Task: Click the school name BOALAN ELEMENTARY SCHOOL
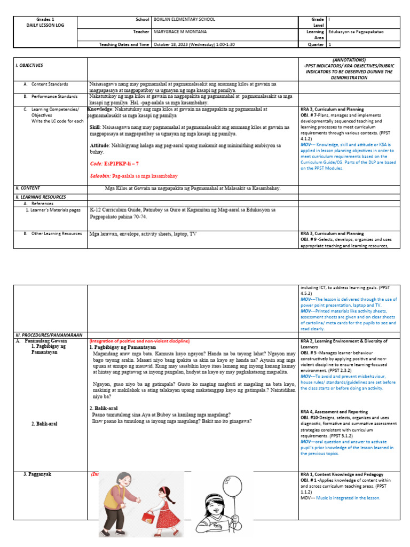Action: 184,20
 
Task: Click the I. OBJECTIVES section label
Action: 29,65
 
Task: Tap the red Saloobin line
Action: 133,176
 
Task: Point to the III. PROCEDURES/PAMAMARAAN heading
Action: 49,335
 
